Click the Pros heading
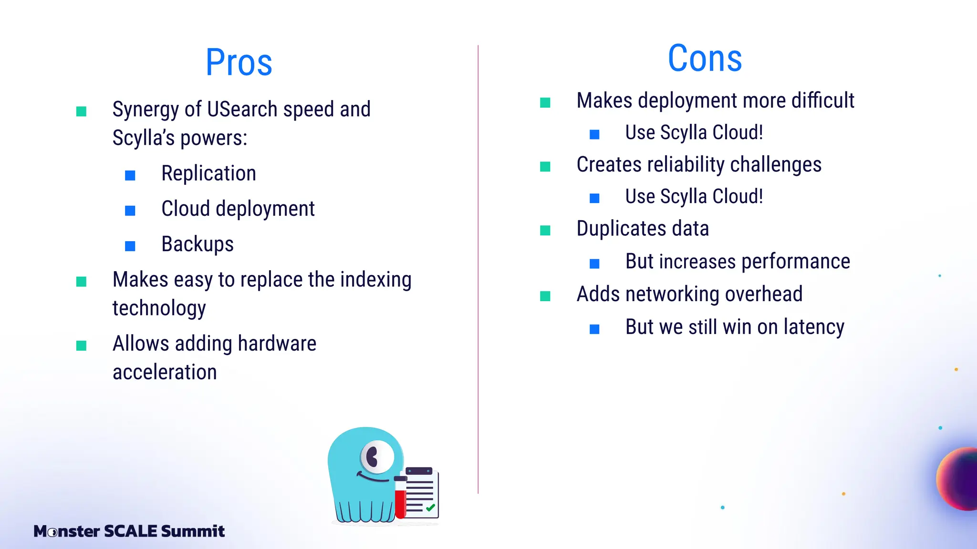(x=239, y=62)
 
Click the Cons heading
(x=705, y=58)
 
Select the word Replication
(x=208, y=173)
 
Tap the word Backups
(x=197, y=244)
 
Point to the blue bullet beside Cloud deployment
(x=130, y=211)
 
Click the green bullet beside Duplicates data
(x=545, y=231)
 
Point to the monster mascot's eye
(x=376, y=457)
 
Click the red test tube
(x=400, y=498)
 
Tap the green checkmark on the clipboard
(x=430, y=508)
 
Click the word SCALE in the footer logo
(x=130, y=531)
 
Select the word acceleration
(x=165, y=372)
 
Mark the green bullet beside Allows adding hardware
(x=82, y=346)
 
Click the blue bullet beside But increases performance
(x=594, y=264)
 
